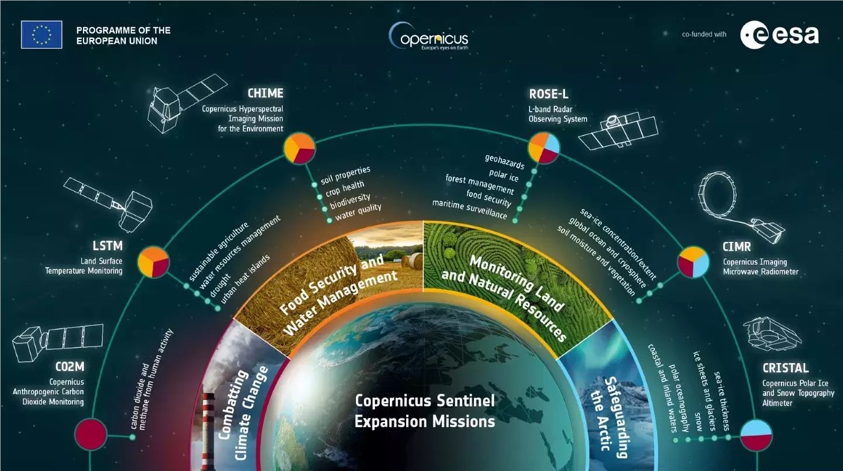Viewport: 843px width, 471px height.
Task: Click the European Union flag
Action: tap(41, 34)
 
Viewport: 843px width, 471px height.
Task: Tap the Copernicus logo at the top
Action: tap(429, 37)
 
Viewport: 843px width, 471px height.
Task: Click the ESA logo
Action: tap(779, 35)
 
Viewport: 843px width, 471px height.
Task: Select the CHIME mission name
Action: tap(266, 93)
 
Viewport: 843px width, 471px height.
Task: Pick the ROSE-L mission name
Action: tap(549, 93)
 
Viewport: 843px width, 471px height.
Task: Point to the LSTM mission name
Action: tap(107, 246)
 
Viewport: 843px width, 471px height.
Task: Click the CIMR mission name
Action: tap(736, 247)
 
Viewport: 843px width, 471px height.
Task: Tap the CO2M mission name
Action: tap(70, 366)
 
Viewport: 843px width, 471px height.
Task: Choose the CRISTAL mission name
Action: tap(785, 368)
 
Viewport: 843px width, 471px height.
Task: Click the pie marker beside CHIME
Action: tap(299, 148)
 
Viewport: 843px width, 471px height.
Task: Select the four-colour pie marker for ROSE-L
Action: tap(544, 148)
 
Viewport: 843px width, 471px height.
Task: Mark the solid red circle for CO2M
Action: tap(91, 434)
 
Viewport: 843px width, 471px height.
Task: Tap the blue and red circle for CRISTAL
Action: tap(757, 435)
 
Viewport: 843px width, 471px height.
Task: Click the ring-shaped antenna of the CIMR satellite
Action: tap(718, 195)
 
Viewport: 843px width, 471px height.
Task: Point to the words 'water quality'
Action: tap(358, 212)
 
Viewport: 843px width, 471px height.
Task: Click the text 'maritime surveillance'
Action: tap(470, 209)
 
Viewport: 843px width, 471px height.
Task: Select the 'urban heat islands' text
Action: tap(245, 279)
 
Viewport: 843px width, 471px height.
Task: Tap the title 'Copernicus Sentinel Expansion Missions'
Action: tap(424, 411)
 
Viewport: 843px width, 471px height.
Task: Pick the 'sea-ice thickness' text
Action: tap(722, 401)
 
